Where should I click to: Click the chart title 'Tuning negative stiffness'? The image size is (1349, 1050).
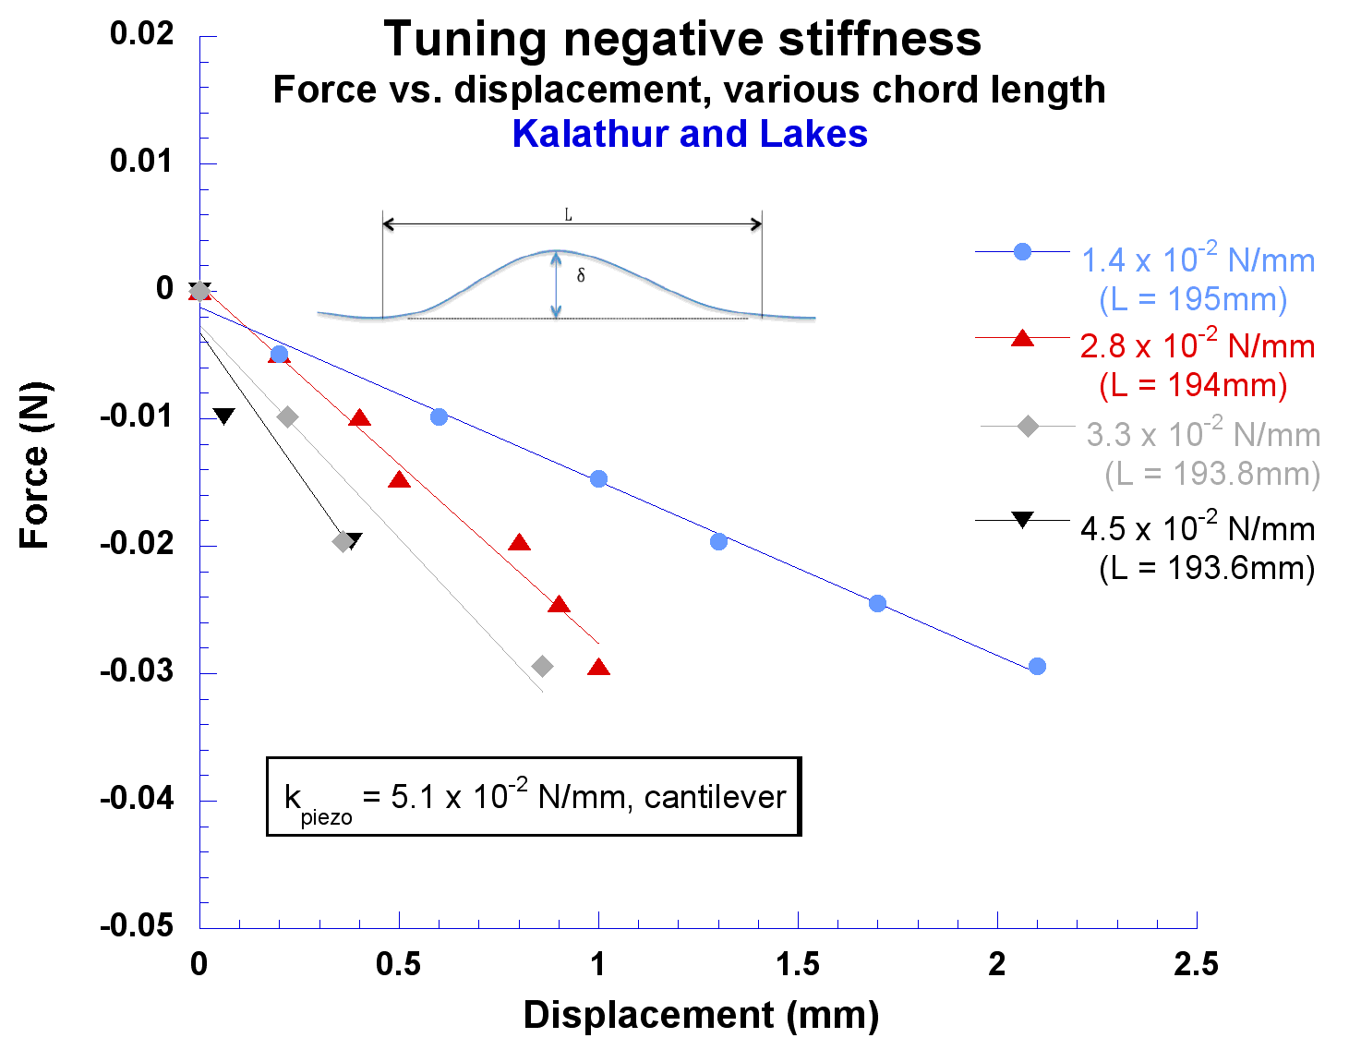pyautogui.click(x=682, y=40)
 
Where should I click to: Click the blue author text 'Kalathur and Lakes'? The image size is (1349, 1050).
pyautogui.click(x=690, y=134)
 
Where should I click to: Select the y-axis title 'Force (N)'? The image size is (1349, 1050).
pyautogui.click(x=35, y=465)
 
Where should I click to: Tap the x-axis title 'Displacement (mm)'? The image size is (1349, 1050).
pyautogui.click(x=701, y=1015)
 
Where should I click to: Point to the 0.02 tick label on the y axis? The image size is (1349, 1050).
pyautogui.click(x=141, y=34)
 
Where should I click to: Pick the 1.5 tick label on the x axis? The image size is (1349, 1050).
pyautogui.click(x=797, y=965)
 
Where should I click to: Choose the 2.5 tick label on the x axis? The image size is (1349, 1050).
pyautogui.click(x=1196, y=965)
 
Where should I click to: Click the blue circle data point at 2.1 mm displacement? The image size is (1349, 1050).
pyautogui.click(x=1037, y=666)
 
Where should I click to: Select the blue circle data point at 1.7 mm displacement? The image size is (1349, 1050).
pyautogui.click(x=877, y=603)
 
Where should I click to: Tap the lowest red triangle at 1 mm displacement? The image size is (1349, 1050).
pyautogui.click(x=598, y=668)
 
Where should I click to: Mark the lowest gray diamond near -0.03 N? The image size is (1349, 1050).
pyautogui.click(x=543, y=666)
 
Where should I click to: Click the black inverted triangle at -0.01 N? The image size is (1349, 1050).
pyautogui.click(x=223, y=416)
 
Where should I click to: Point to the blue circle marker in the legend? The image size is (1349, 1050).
pyautogui.click(x=1022, y=251)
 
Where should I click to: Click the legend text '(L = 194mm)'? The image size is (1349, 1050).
pyautogui.click(x=1193, y=384)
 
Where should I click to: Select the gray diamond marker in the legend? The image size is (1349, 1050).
pyautogui.click(x=1028, y=426)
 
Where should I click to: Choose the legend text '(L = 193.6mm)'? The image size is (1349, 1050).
pyautogui.click(x=1206, y=567)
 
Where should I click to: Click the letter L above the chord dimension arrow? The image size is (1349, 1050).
pyautogui.click(x=569, y=215)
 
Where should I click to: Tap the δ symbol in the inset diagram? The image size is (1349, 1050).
pyautogui.click(x=581, y=275)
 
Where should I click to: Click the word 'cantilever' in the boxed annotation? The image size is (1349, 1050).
pyautogui.click(x=715, y=797)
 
